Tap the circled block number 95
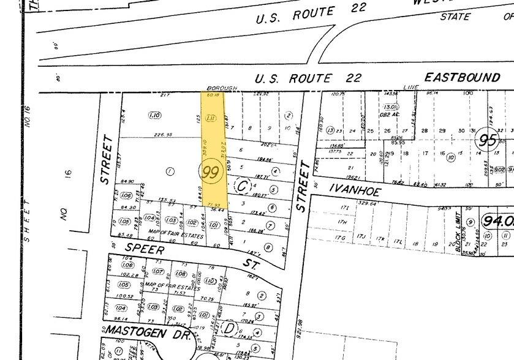pyautogui.click(x=488, y=140)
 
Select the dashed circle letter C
pyautogui.click(x=242, y=184)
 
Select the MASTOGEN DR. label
pyautogui.click(x=133, y=331)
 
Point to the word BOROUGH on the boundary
pyautogui.click(x=222, y=88)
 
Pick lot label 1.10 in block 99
pyautogui.click(x=154, y=115)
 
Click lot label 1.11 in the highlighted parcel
pyautogui.click(x=210, y=117)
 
